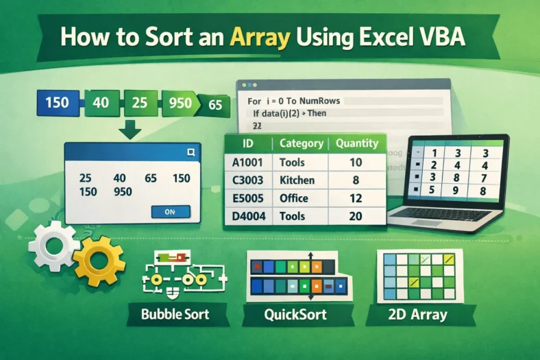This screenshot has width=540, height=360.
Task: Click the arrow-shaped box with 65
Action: click(x=214, y=105)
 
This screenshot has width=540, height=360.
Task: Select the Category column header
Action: click(x=301, y=143)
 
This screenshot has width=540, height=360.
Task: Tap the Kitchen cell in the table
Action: click(x=297, y=180)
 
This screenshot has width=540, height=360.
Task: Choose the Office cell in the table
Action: click(x=295, y=198)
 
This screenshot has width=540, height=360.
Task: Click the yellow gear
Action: click(x=98, y=260)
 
